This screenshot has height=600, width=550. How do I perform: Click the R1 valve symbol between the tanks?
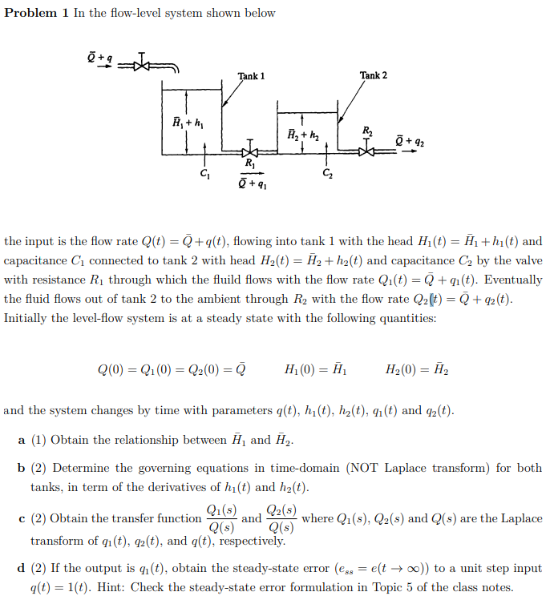[x=250, y=151]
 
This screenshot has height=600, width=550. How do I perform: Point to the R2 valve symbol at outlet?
[x=368, y=148]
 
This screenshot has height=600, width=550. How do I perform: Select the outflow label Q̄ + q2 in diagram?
[x=411, y=143]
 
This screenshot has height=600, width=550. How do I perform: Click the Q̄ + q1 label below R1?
[x=253, y=183]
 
